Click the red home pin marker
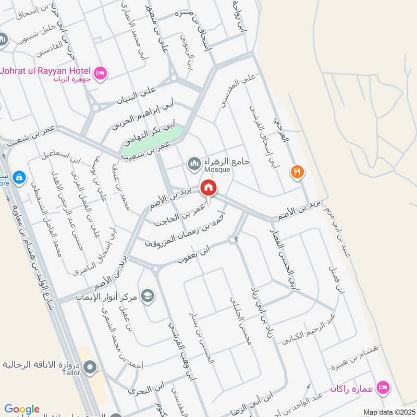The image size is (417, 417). tap(208, 188)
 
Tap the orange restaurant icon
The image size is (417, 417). tap(297, 171)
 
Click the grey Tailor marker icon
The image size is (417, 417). tap(90, 368)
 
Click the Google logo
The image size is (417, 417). tap(22, 409)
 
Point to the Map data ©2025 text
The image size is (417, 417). tap(388, 412)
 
